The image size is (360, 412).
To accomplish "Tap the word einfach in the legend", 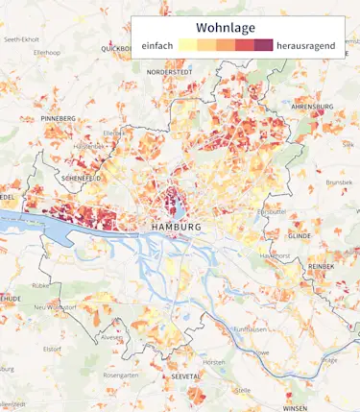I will [x=157, y=45].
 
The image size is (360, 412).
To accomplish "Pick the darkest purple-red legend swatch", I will [x=263, y=45].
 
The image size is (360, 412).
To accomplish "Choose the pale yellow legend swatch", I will [x=188, y=45].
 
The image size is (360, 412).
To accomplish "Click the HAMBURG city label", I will [x=177, y=227].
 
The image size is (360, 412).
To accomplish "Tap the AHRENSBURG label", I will [x=311, y=107].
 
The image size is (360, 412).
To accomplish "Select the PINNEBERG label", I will [x=59, y=118].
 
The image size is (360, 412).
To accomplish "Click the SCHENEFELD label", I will [x=80, y=178].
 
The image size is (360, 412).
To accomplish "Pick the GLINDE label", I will [x=300, y=234].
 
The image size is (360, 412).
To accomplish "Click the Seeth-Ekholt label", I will [x=23, y=39].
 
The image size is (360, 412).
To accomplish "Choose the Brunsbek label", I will [x=339, y=182].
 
